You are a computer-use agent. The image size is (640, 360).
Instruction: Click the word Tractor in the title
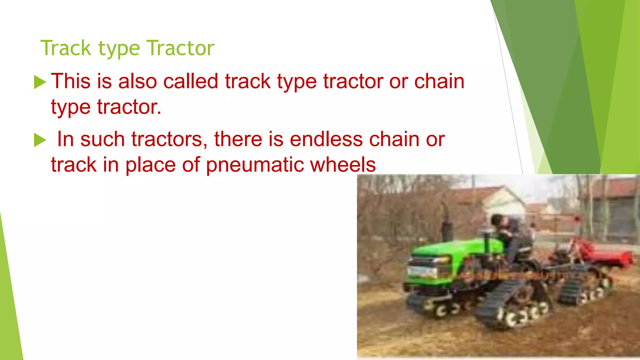click(181, 48)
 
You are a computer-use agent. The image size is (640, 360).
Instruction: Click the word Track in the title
click(66, 48)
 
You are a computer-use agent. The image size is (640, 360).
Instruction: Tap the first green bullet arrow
click(40, 82)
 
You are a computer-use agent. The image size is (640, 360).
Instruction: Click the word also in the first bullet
click(137, 81)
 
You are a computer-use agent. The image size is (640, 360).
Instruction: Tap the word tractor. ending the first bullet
click(129, 107)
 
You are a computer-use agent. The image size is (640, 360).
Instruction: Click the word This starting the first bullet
click(71, 81)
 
